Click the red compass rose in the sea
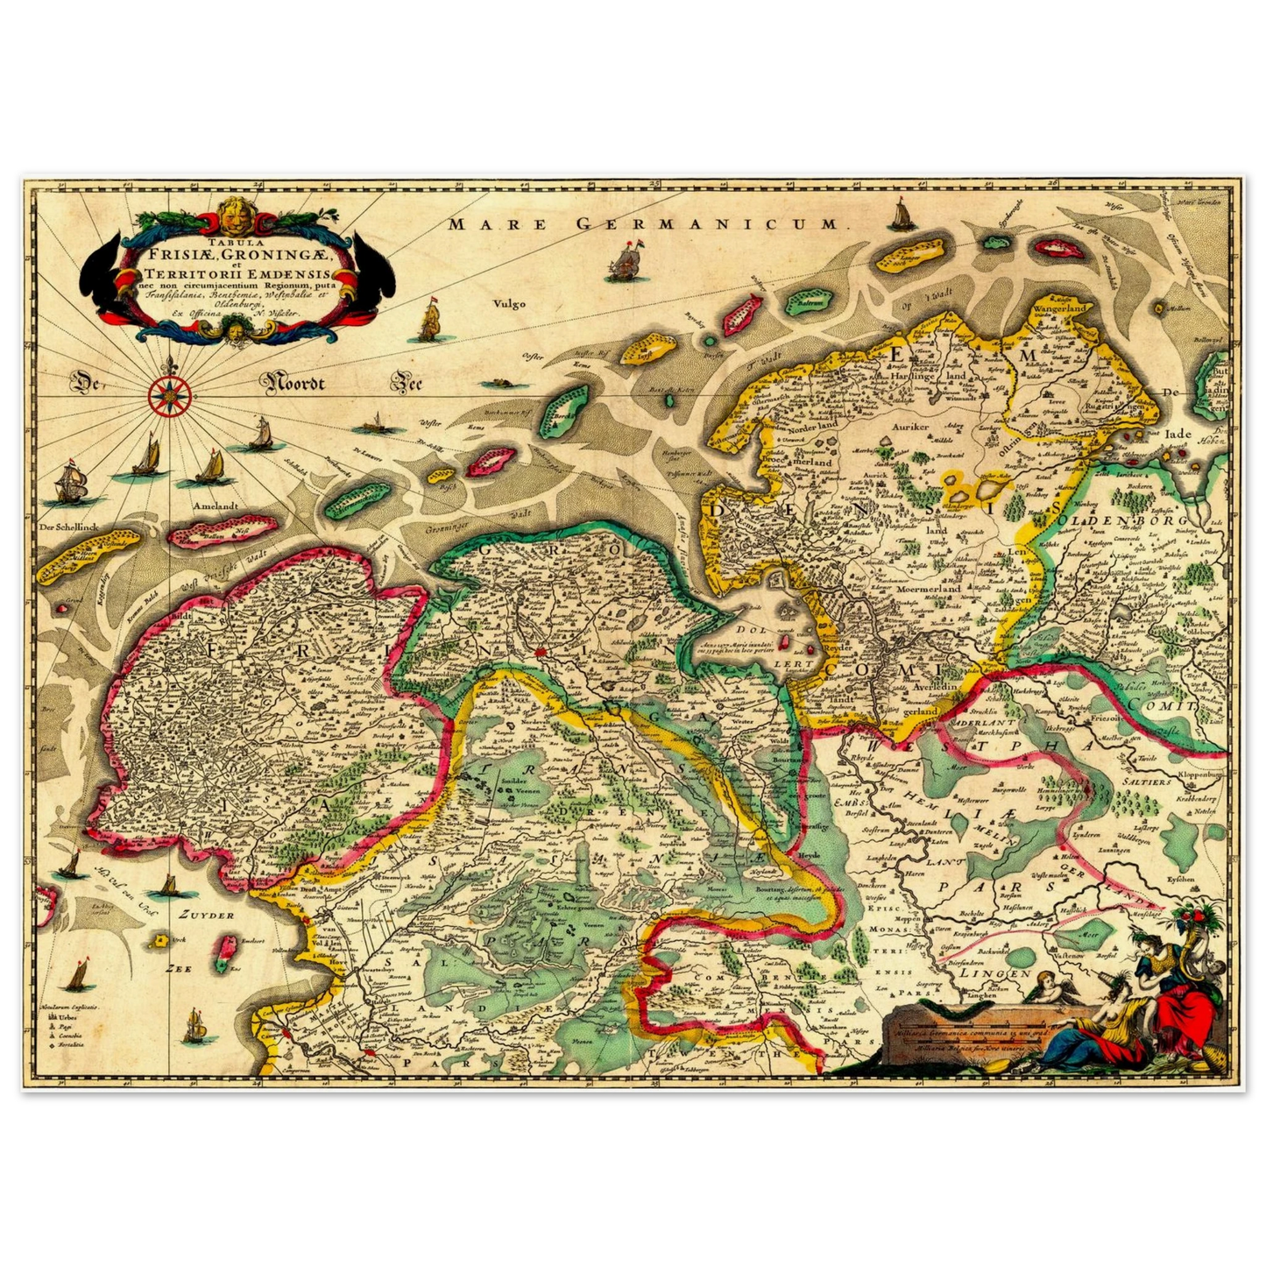pos(164,395)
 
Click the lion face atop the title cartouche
pos(230,211)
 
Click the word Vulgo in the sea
pos(508,304)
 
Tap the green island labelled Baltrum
pos(808,302)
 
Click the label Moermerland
pos(929,589)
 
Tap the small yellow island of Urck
pos(160,941)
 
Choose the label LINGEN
pos(994,972)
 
